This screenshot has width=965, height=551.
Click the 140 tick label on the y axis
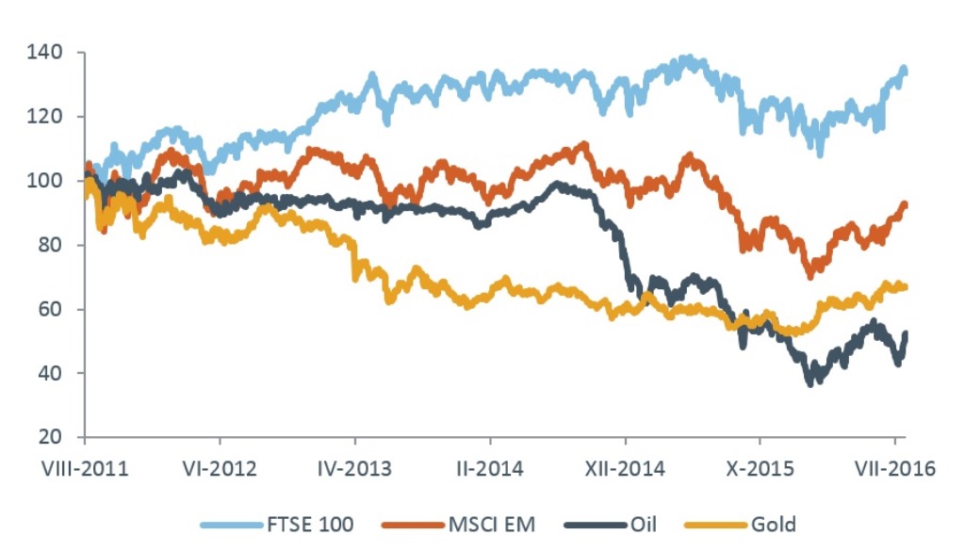pos(48,53)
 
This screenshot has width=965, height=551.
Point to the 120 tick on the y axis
pos(48,117)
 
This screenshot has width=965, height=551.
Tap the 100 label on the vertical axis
pos(48,181)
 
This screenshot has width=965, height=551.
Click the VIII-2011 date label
pos(86,468)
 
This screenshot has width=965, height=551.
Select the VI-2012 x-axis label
pos(220,468)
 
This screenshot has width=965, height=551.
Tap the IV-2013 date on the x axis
pos(355,468)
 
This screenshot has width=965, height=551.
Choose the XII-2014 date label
pos(625,468)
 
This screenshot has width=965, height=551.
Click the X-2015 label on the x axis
pos(760,468)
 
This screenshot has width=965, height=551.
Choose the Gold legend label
pos(772,524)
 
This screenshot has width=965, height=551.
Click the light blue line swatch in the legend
pos(231,524)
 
